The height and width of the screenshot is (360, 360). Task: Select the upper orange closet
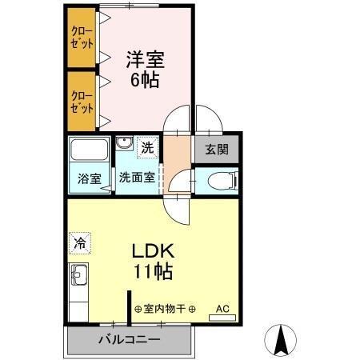coord(81,39)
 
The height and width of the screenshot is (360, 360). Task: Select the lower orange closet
coord(81,100)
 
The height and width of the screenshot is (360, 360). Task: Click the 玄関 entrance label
coord(216,149)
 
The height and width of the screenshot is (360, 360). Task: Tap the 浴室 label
coord(90,178)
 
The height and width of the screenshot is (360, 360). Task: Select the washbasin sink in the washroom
coord(125,144)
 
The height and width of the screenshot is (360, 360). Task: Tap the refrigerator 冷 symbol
coord(80,239)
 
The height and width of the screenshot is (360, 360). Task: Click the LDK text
coord(152,250)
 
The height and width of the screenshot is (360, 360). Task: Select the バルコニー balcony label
coord(129,339)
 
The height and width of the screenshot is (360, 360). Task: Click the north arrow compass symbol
coord(282,341)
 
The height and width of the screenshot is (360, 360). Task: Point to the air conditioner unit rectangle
coord(222,318)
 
